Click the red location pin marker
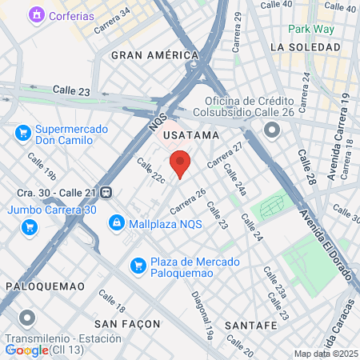tap(181, 162)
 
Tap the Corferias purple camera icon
tap(36, 15)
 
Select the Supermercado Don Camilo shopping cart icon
tap(23, 133)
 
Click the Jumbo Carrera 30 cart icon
tap(30, 227)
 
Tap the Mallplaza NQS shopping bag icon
tap(117, 222)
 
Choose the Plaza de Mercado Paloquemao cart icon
tap(138, 264)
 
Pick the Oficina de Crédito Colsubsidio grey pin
tap(272, 129)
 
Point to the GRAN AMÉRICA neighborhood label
tap(154, 55)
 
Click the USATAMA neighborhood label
tap(190, 135)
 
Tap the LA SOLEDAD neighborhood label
tap(300, 47)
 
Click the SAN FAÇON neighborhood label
tap(127, 324)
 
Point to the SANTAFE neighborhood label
tap(251, 326)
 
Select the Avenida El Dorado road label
tap(327, 244)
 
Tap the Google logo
tap(26, 350)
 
